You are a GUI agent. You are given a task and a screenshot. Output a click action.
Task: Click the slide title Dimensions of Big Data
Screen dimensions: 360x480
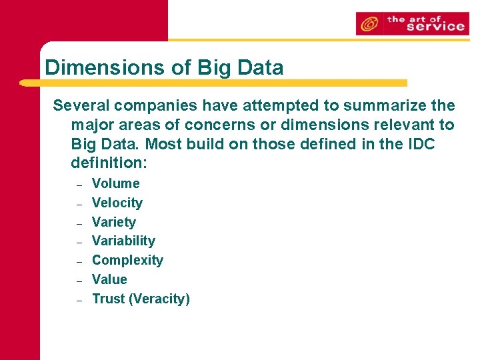click(x=164, y=67)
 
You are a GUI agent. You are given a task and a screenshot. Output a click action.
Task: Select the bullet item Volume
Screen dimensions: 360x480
click(x=115, y=183)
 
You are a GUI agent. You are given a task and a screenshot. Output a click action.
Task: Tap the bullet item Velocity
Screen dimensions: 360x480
click(x=117, y=203)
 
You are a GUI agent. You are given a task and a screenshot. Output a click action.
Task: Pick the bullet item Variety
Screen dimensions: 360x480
click(x=113, y=222)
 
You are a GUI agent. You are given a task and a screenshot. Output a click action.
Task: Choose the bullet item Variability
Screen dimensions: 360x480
click(x=123, y=241)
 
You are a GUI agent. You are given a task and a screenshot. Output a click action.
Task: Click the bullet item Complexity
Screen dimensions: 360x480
click(x=127, y=260)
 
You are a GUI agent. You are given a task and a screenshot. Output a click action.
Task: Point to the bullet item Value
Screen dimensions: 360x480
click(x=109, y=279)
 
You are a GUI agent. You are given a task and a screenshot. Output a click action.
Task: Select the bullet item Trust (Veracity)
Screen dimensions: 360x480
click(x=141, y=299)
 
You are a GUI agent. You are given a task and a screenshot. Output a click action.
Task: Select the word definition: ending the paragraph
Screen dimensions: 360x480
click(x=108, y=163)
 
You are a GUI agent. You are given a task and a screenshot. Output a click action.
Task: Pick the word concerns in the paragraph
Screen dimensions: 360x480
click(x=215, y=125)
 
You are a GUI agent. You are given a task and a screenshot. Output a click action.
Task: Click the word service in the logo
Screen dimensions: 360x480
click(x=435, y=27)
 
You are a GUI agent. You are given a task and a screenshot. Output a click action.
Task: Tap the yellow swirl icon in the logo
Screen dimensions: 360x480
click(x=369, y=25)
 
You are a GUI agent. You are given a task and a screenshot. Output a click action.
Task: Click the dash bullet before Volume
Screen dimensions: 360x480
click(x=79, y=185)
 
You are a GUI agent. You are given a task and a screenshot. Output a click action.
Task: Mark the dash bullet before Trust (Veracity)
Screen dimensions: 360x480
click(x=79, y=300)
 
